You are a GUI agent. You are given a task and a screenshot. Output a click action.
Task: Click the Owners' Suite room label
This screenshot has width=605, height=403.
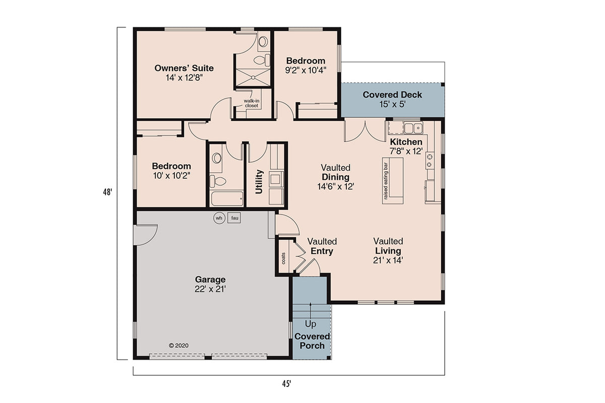coord(184,68)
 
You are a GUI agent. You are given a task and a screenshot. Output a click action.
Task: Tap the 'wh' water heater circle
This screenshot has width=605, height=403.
coord(219,218)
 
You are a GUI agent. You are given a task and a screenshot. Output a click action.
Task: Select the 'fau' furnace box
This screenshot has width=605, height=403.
coord(234,218)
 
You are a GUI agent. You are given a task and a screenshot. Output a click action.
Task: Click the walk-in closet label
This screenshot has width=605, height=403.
coord(251,103)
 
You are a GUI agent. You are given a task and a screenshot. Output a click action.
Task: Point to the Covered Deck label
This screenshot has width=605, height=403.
coord(392,95)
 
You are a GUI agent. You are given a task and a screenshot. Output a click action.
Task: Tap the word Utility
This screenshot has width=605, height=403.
coord(259,181)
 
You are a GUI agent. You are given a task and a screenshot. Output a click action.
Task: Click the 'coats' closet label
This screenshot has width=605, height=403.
coord(283,258)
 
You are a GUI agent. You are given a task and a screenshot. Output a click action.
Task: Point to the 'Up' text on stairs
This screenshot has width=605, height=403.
coord(311,324)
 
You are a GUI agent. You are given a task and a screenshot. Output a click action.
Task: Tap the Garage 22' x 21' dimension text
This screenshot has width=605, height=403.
coord(210,289)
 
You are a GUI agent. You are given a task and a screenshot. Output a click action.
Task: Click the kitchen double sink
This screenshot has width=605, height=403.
coord(412,127)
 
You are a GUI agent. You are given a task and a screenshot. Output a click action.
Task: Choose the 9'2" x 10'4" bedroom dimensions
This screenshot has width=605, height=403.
coord(306,71)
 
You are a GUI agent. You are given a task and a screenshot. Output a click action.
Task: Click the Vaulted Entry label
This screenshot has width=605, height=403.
coord(322,246)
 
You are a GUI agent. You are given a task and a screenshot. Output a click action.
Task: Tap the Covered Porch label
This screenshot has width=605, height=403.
coord(312,341)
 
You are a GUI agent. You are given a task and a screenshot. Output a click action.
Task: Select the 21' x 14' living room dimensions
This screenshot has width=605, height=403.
coord(388,260)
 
